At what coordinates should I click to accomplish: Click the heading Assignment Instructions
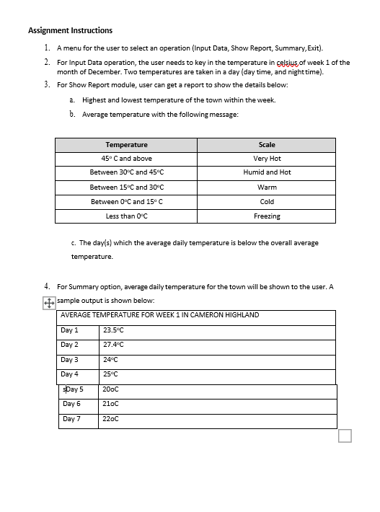click(70, 30)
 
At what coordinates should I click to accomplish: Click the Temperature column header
click(126, 145)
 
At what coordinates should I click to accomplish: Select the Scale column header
click(267, 145)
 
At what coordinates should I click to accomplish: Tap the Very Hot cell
click(267, 159)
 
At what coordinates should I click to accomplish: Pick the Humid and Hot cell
click(267, 172)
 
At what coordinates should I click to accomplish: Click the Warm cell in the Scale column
click(267, 187)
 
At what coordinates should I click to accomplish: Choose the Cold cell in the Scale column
click(267, 201)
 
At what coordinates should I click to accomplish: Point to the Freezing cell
click(267, 216)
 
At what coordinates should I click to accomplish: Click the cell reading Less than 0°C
click(126, 216)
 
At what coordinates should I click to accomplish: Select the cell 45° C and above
click(126, 159)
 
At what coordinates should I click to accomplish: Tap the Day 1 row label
click(69, 330)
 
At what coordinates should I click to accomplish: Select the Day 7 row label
click(71, 419)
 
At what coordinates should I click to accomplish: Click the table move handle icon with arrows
click(49, 304)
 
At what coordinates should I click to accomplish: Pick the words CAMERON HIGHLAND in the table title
click(223, 315)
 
